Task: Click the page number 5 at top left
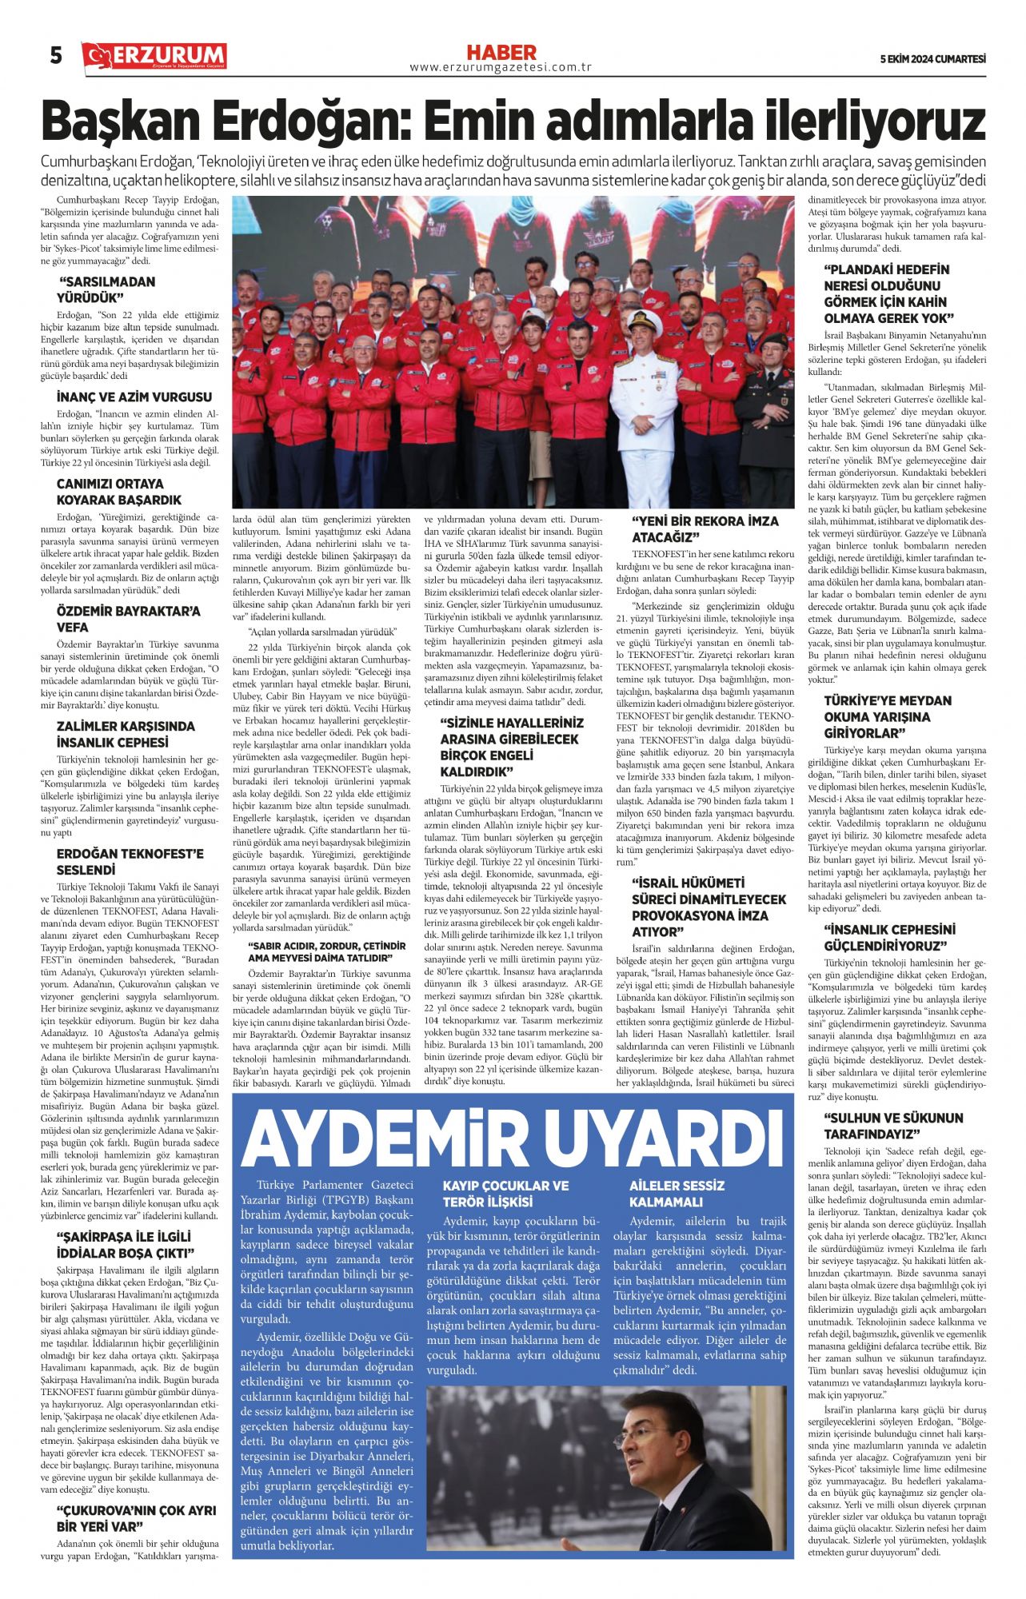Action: (56, 56)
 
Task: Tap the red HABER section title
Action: (501, 53)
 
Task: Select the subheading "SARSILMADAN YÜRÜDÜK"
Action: (107, 290)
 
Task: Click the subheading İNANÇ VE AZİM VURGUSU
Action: (134, 397)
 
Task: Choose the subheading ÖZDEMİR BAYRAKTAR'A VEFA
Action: (128, 620)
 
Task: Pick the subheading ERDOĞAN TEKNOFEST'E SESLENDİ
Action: (130, 862)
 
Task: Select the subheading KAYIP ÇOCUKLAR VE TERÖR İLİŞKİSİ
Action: (505, 1194)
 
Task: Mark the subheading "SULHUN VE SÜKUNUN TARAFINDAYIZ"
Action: (893, 1126)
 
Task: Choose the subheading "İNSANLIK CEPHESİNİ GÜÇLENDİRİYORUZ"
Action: (889, 938)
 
